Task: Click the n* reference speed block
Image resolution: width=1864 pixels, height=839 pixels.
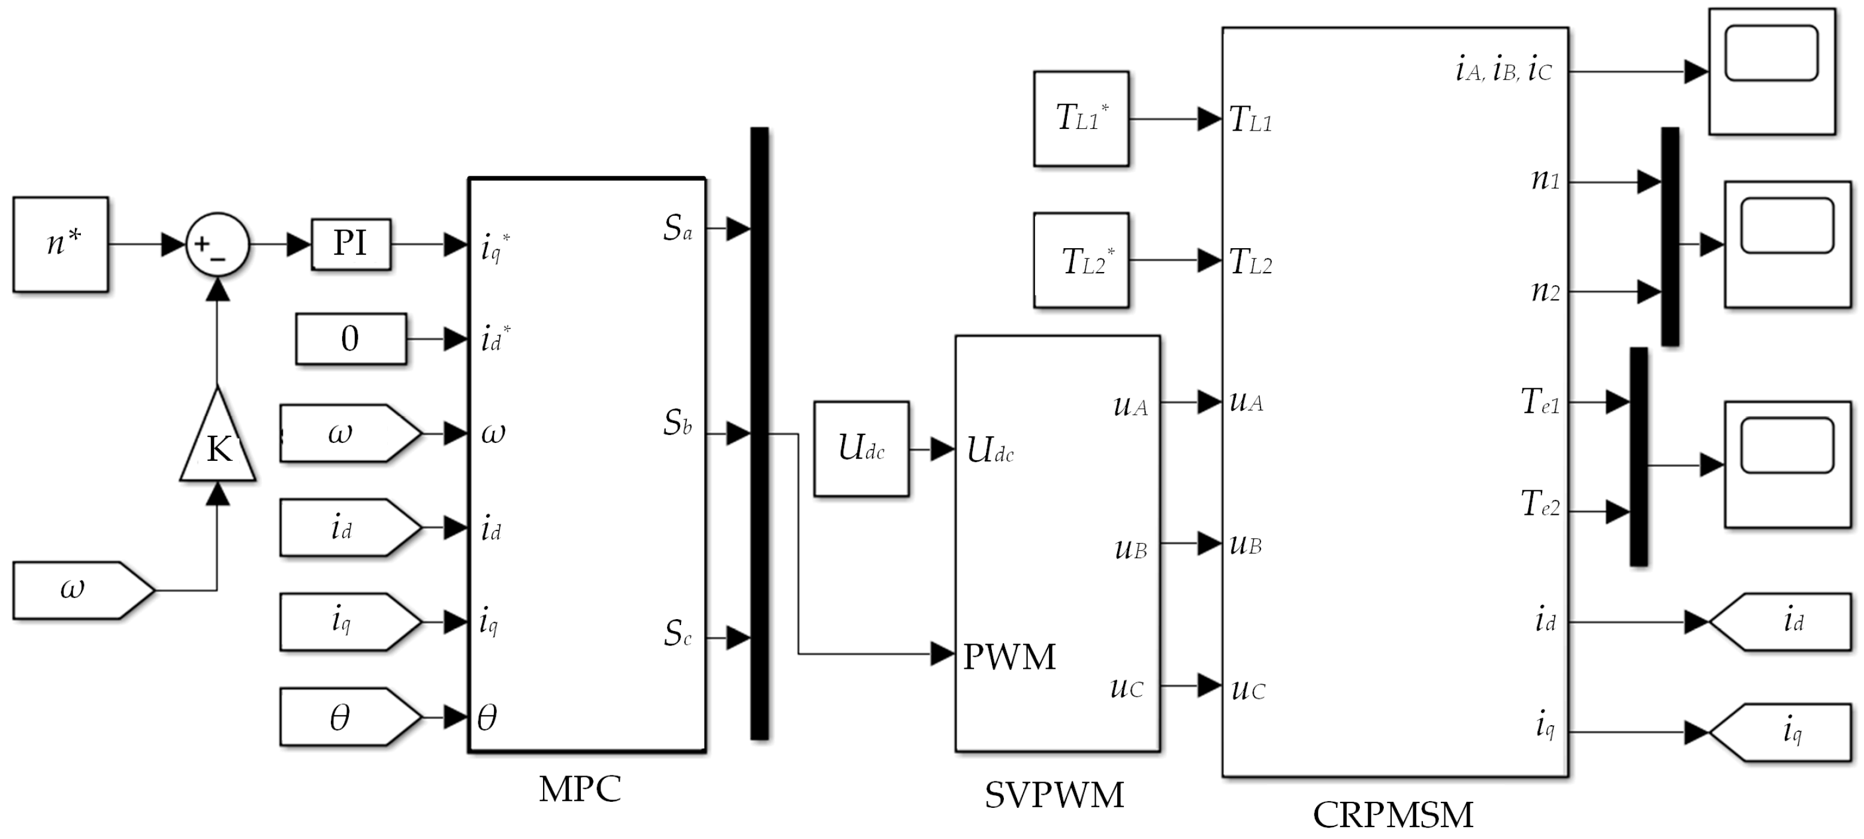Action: point(61,245)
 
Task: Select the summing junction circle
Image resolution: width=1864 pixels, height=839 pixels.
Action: point(218,245)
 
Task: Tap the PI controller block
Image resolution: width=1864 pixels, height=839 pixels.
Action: point(351,245)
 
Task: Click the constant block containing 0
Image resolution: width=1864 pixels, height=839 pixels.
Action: point(351,339)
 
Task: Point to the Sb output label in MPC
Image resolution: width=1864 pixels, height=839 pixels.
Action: point(677,423)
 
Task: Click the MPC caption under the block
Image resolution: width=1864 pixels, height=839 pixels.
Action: point(580,789)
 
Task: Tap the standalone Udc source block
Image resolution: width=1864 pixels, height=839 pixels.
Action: point(861,449)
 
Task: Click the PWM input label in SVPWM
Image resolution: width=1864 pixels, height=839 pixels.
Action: point(1009,657)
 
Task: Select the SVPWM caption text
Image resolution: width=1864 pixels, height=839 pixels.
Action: point(1054,795)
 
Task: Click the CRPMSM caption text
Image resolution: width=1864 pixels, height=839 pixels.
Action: point(1393,814)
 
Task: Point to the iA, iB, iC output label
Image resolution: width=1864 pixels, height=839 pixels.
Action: point(1504,70)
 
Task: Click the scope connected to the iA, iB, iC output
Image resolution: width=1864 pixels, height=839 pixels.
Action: point(1771,71)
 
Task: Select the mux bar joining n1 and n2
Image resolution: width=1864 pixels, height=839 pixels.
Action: point(1669,237)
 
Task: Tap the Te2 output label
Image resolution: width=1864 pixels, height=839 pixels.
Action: point(1540,504)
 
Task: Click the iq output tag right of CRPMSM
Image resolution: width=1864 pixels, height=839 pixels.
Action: point(1785,732)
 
